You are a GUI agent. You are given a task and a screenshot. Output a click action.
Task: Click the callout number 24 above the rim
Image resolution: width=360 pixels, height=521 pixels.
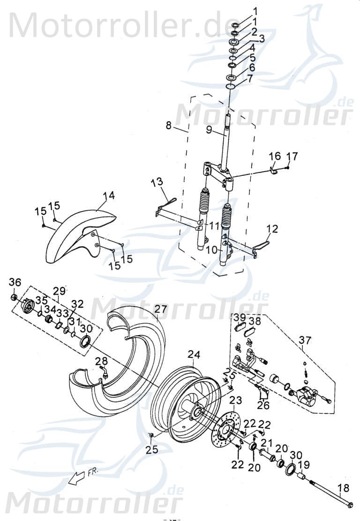194,354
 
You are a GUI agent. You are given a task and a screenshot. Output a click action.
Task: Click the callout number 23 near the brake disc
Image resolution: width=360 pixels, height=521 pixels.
236,400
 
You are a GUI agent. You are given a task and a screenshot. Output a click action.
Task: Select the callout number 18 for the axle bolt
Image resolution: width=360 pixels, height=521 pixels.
344,488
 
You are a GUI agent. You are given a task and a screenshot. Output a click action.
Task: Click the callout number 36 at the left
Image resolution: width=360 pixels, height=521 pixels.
15,282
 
